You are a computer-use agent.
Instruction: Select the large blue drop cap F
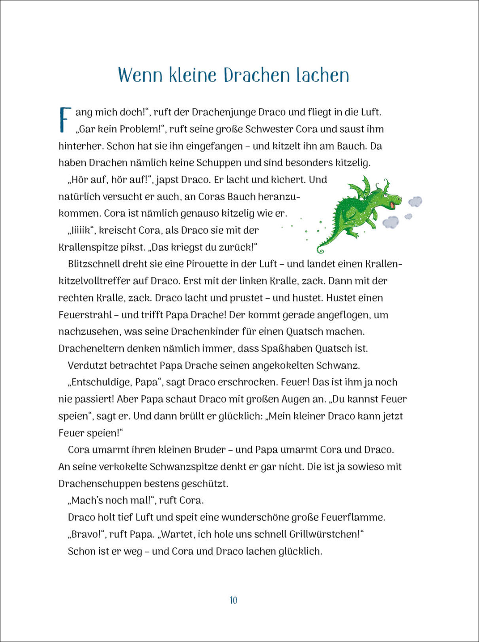point(65,120)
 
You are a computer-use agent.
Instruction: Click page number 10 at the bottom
point(233,600)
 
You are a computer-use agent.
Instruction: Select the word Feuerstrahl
point(85,315)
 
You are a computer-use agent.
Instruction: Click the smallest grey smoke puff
point(408,216)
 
